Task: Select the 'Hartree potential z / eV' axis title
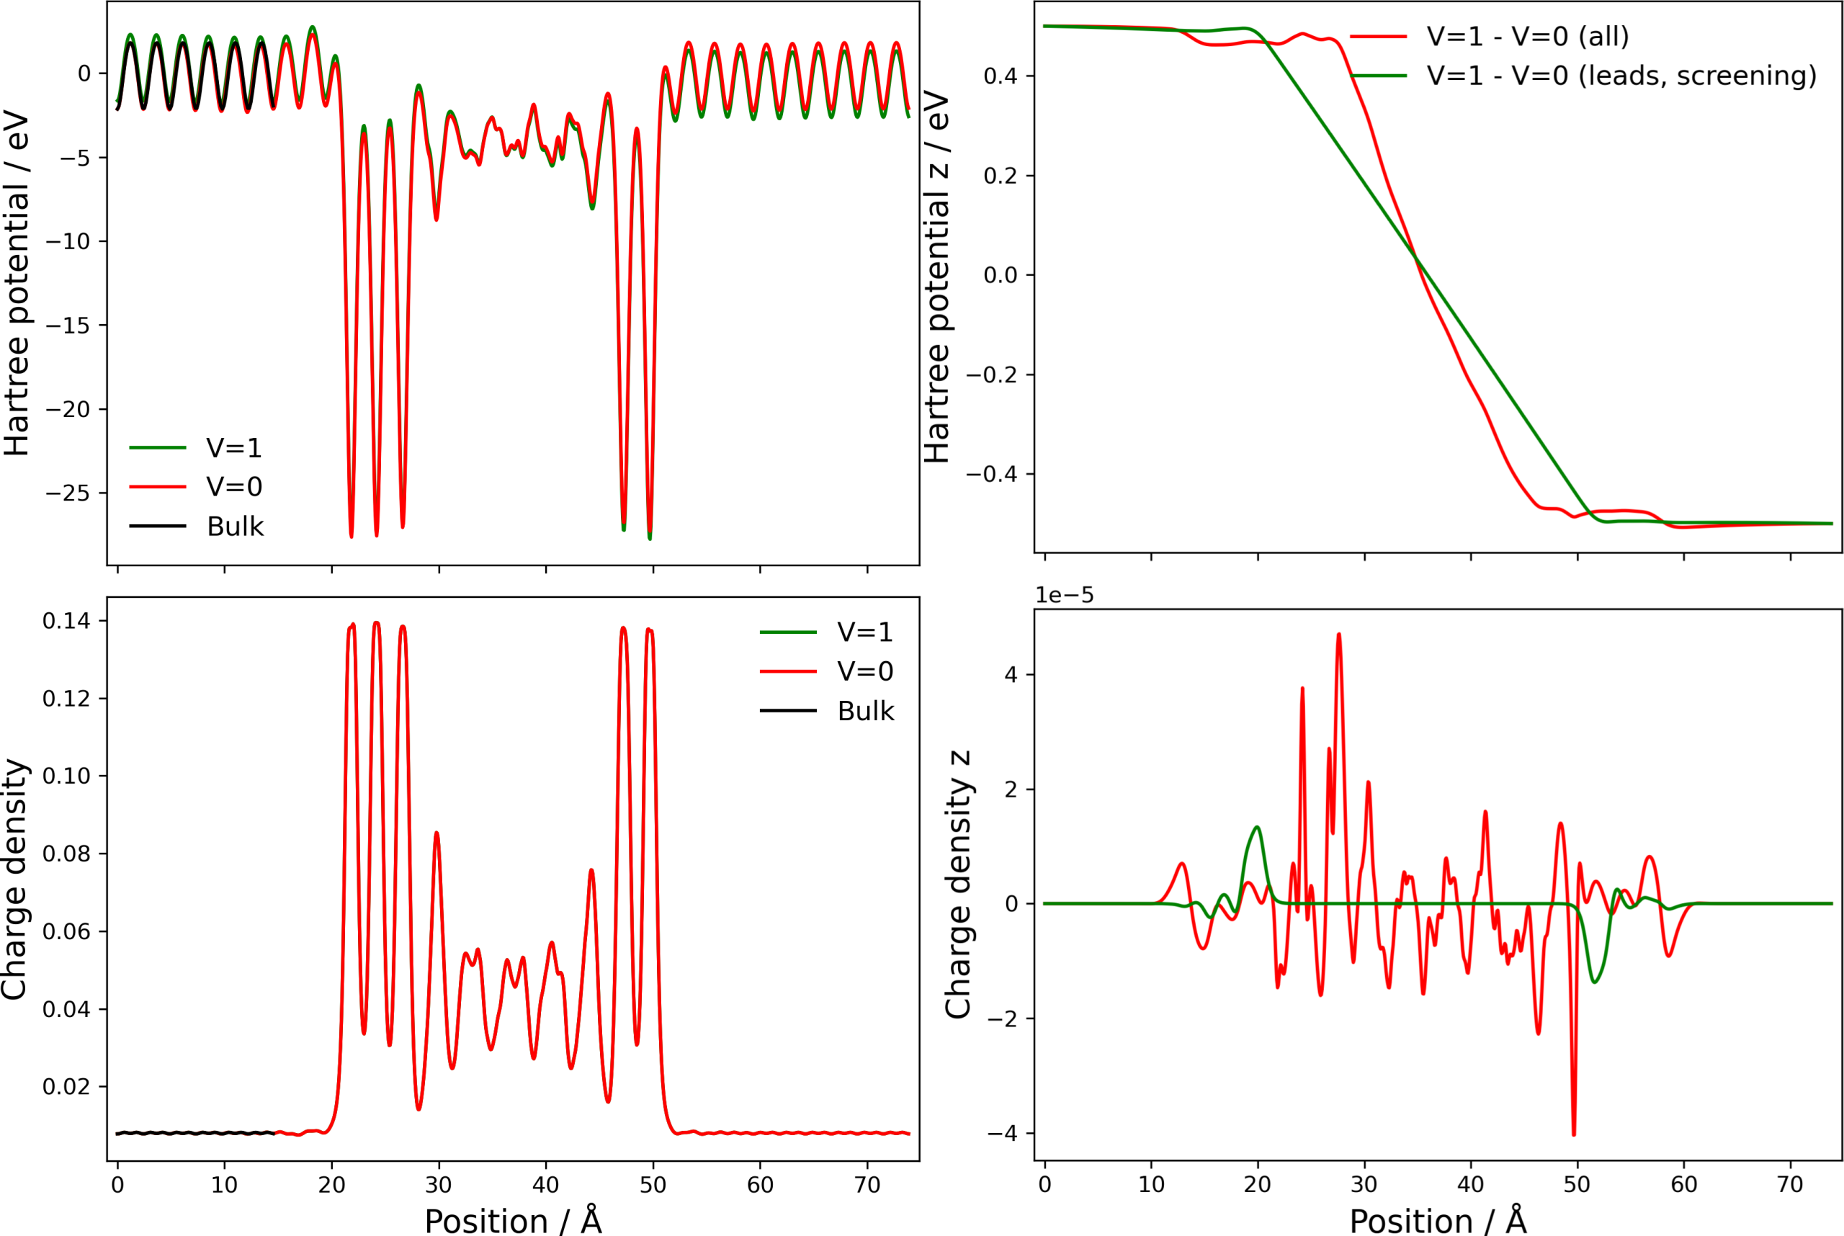coord(936,276)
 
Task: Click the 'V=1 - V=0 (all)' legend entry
coord(1527,36)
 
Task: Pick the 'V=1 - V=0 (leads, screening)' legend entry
coord(1621,76)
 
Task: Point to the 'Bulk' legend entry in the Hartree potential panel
coord(235,527)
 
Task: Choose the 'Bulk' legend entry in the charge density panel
coord(865,711)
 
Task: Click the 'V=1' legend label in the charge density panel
coord(865,632)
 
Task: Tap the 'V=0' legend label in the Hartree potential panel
coord(234,487)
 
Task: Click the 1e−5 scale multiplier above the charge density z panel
coord(1065,596)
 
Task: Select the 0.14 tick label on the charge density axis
coord(66,621)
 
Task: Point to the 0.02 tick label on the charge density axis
coord(66,1087)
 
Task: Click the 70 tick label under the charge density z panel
coord(1789,1185)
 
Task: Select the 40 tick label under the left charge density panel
coord(545,1185)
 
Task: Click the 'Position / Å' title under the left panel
coord(514,1221)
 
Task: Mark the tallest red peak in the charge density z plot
coord(1338,635)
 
